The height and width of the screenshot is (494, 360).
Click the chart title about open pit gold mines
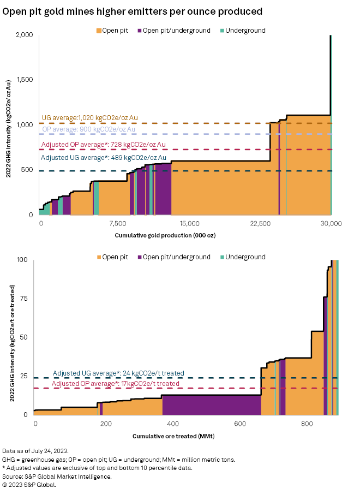pyautogui.click(x=133, y=11)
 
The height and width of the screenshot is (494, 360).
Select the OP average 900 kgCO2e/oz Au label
pyautogui.click(x=88, y=129)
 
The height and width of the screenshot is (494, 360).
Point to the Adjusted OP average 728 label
pyautogui.click(x=104, y=145)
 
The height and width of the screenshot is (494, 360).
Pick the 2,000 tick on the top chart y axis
pyautogui.click(x=25, y=35)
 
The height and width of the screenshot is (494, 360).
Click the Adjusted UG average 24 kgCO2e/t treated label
pyautogui.click(x=118, y=373)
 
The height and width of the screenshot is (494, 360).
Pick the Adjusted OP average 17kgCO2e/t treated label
pyautogui.click(x=115, y=384)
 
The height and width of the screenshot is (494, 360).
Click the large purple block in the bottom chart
pyautogui.click(x=211, y=404)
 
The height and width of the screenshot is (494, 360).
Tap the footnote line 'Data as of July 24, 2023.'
pyautogui.click(x=35, y=451)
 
